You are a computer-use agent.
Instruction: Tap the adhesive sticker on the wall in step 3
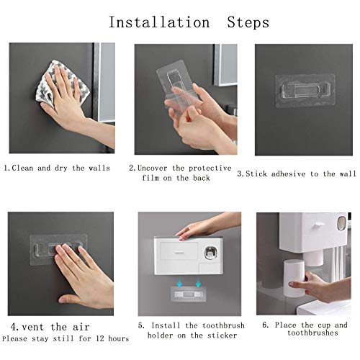pos(303,93)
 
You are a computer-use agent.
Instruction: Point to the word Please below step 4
pos(15,338)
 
